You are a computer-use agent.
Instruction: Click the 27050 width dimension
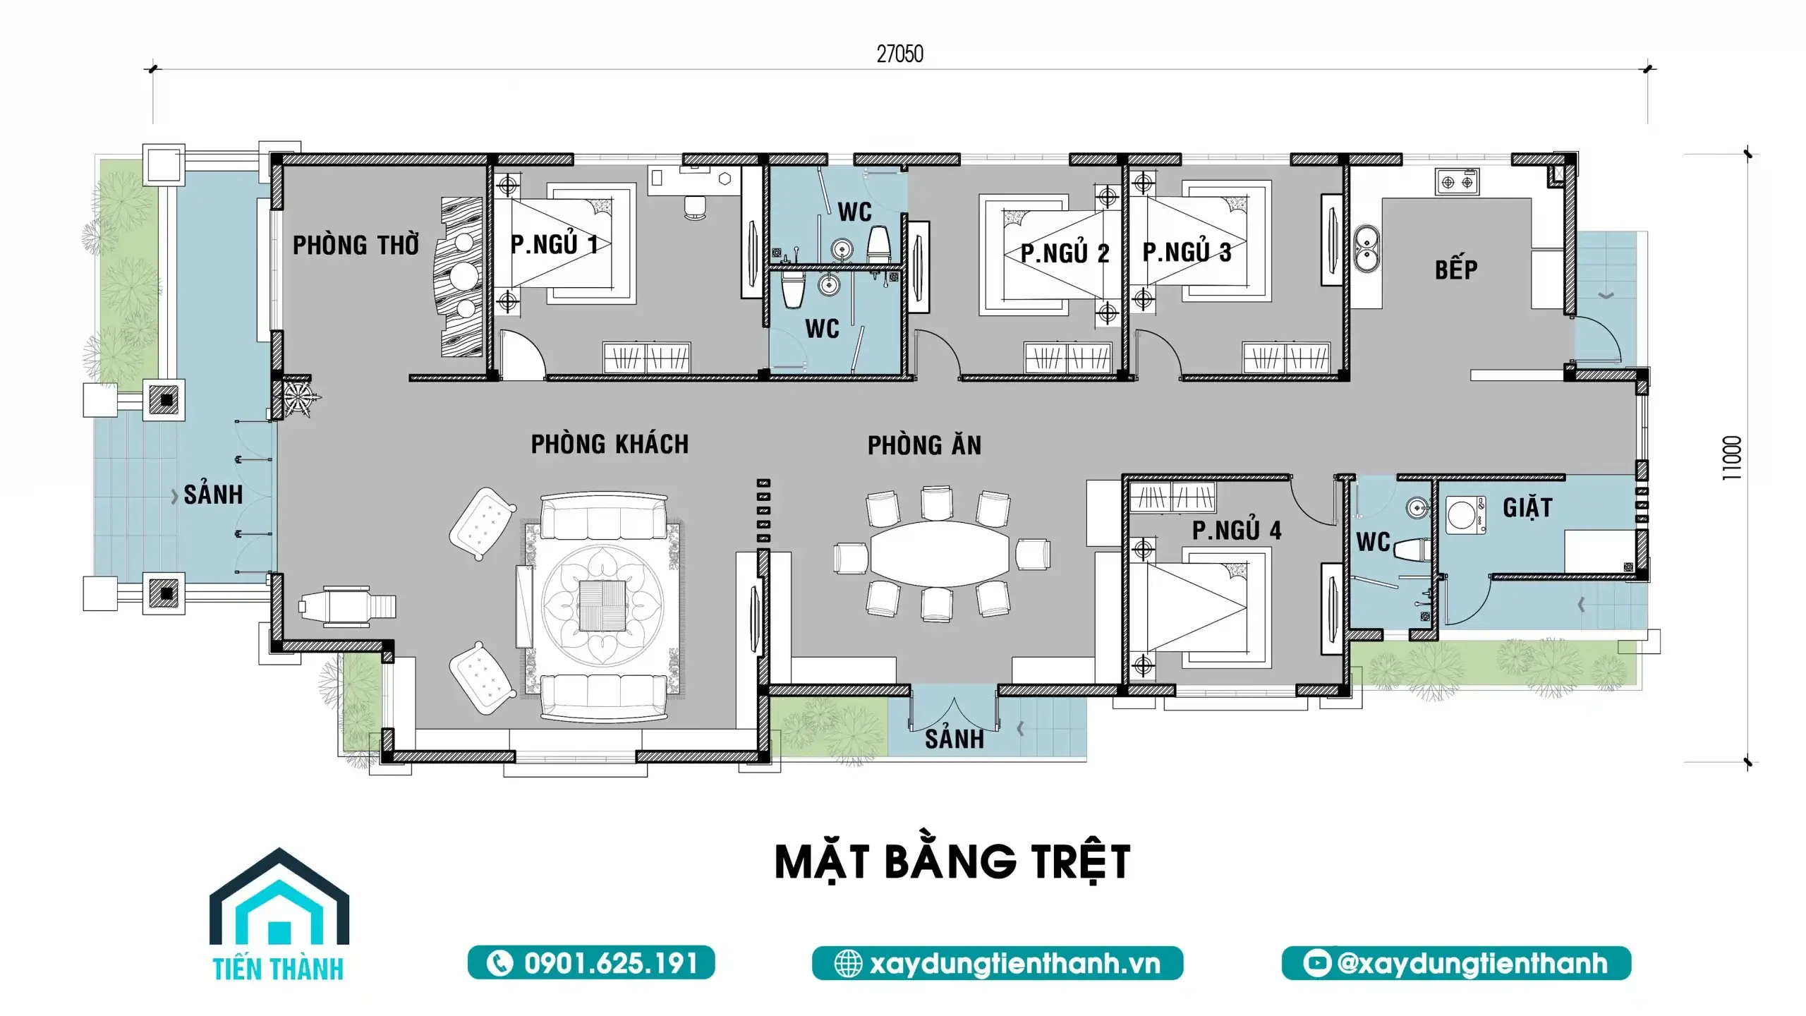899,54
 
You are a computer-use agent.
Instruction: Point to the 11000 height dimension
1732,459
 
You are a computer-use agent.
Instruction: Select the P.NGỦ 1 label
554,243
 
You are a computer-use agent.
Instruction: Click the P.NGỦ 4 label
1237,530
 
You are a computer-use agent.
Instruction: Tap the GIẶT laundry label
1527,507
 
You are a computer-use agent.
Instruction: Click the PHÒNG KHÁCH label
610,444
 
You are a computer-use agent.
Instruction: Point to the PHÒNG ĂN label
924,445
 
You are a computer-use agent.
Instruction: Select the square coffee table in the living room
602,605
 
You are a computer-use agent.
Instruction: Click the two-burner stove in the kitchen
1457,182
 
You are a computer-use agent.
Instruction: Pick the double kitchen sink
1367,248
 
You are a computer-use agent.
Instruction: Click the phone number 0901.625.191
591,963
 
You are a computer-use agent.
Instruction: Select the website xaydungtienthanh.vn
998,963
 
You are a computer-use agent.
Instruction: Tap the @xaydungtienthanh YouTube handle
1456,963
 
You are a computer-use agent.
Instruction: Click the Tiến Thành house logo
279,914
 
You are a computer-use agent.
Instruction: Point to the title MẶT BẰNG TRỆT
952,861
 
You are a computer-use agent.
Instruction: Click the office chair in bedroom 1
696,206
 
